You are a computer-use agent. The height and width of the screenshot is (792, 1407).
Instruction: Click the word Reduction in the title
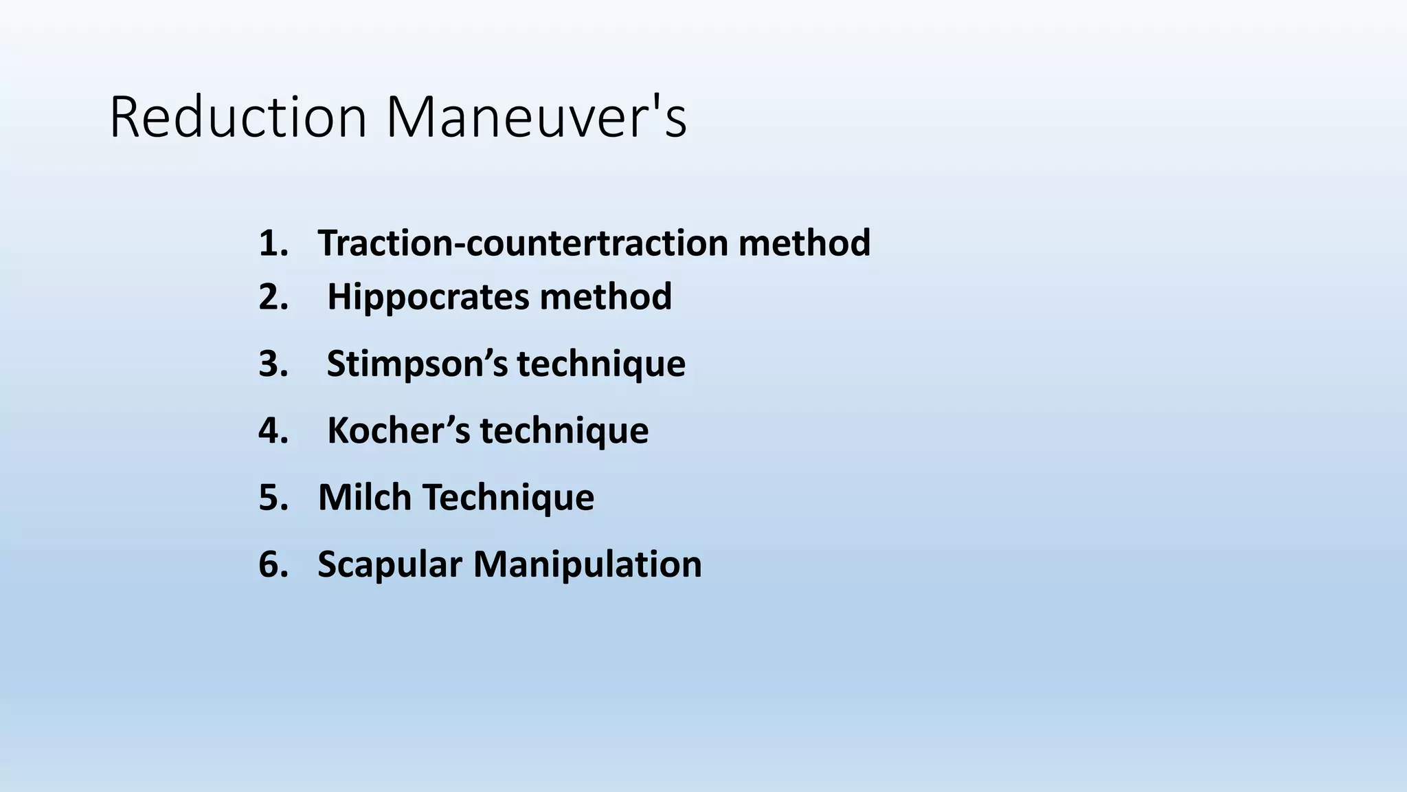tap(238, 118)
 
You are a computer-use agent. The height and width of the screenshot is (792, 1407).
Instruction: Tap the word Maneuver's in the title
tap(536, 118)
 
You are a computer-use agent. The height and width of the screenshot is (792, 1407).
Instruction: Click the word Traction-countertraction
tap(523, 243)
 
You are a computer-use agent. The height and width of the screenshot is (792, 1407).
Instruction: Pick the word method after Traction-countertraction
tap(804, 243)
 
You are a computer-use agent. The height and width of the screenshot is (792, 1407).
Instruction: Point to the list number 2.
tap(273, 297)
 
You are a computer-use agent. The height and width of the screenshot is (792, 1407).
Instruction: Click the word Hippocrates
tap(428, 297)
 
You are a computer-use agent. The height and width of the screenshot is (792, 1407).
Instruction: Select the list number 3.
tap(273, 364)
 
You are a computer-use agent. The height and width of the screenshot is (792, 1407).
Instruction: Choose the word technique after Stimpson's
tap(601, 364)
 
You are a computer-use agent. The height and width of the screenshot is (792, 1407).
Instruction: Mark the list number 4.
tap(273, 430)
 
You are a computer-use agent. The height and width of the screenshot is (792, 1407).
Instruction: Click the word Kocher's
tap(398, 430)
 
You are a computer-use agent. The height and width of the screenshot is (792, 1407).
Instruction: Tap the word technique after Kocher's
tap(564, 430)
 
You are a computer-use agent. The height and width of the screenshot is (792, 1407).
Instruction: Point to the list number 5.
tap(273, 497)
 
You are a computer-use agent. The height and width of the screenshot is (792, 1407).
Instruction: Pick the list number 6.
tap(273, 564)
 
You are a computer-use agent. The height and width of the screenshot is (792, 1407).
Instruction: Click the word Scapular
tap(390, 564)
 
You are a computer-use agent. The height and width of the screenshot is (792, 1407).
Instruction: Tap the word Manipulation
tap(587, 564)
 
